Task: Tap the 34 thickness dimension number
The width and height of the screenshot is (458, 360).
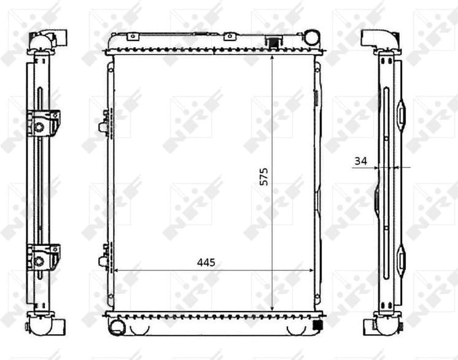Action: point(360,161)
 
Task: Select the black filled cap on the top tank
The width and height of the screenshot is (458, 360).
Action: point(271,42)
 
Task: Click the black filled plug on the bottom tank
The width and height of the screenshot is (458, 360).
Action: point(318,325)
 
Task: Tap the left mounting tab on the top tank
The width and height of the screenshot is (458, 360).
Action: point(130,37)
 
